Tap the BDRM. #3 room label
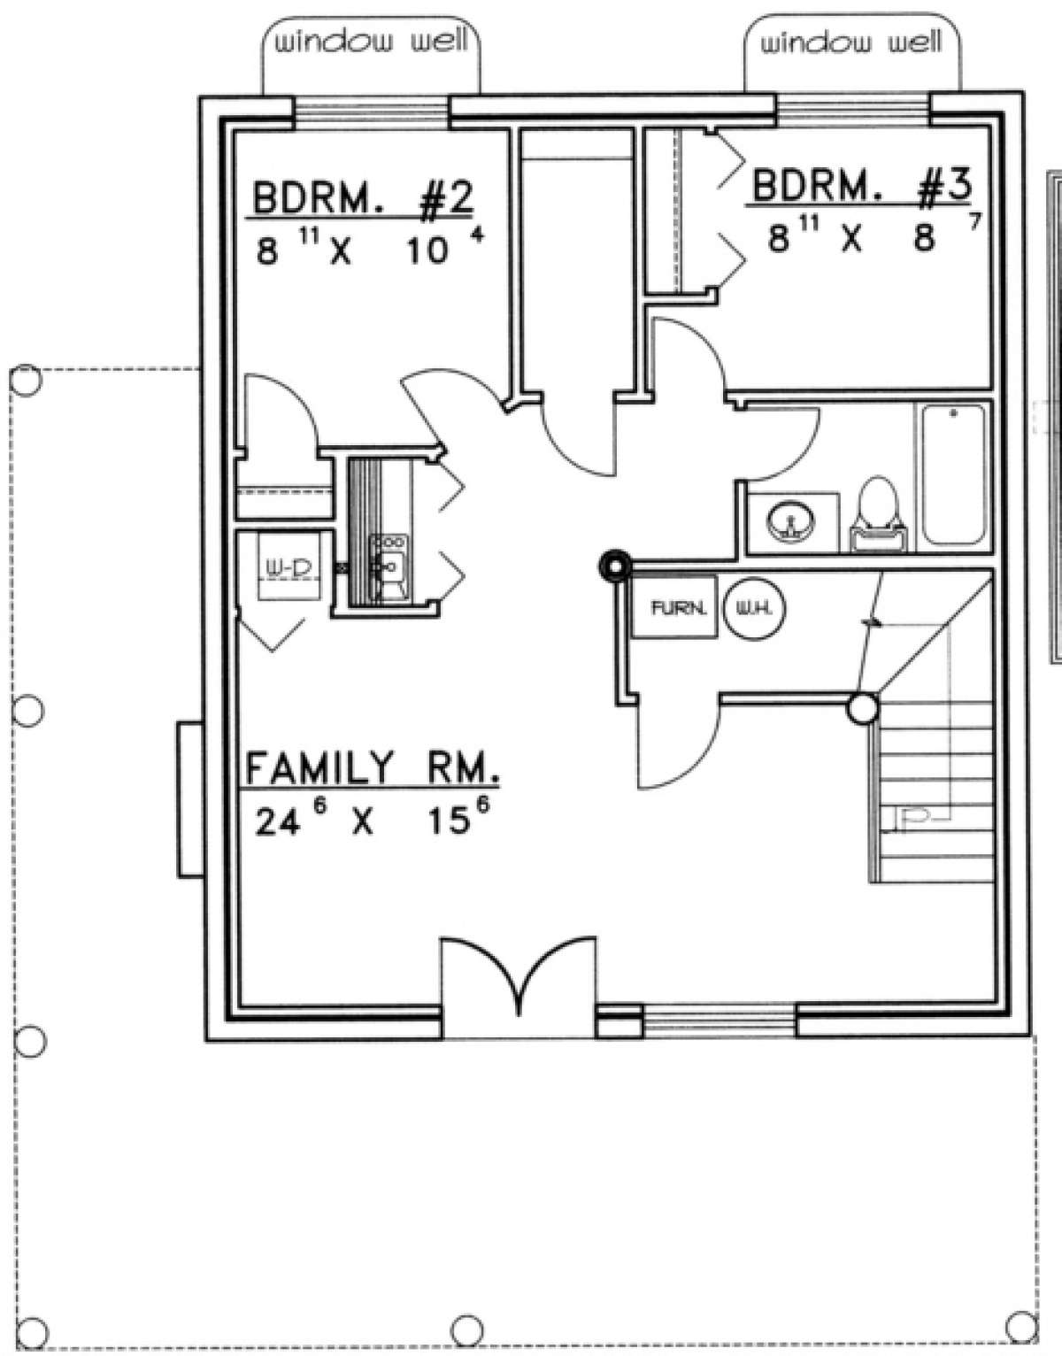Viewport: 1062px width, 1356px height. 861,187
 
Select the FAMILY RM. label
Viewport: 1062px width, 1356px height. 370,767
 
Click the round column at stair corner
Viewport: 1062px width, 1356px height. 862,708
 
